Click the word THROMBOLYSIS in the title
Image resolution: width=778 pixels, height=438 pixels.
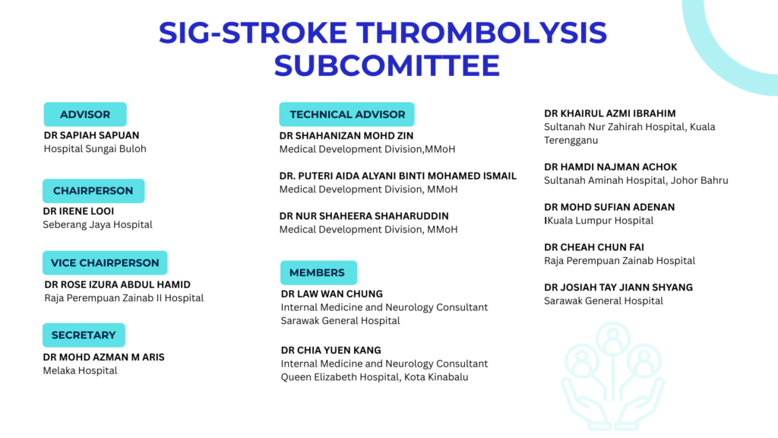click(x=482, y=33)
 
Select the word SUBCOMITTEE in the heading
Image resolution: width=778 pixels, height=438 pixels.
click(x=387, y=65)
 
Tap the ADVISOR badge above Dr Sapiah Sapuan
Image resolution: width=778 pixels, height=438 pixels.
click(x=85, y=114)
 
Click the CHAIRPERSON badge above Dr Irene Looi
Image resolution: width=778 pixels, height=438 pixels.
click(x=93, y=191)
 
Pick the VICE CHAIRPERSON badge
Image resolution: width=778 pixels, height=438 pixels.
click(x=105, y=262)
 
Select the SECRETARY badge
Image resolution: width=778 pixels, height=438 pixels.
click(x=84, y=335)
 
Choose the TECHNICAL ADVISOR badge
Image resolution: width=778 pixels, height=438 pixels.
click(x=346, y=114)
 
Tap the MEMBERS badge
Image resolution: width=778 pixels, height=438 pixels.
click(x=318, y=273)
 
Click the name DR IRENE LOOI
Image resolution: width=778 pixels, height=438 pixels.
click(x=78, y=211)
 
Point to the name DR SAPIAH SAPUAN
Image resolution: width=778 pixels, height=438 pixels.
click(x=92, y=135)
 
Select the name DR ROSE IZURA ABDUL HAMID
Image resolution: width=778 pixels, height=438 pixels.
click(x=118, y=284)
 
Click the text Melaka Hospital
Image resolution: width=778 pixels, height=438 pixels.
click(x=81, y=370)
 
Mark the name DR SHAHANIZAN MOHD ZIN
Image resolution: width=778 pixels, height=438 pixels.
click(x=346, y=135)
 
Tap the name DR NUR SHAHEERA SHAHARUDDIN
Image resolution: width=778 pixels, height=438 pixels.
click(x=364, y=216)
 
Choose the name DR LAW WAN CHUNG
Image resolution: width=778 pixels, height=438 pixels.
click(x=332, y=294)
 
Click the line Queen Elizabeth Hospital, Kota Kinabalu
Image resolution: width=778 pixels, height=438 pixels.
click(x=375, y=377)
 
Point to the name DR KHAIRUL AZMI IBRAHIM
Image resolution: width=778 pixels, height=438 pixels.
click(x=610, y=113)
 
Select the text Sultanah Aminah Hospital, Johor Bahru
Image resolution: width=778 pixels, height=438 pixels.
click(x=636, y=180)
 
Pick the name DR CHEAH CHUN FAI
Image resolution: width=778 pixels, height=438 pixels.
click(x=594, y=247)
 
